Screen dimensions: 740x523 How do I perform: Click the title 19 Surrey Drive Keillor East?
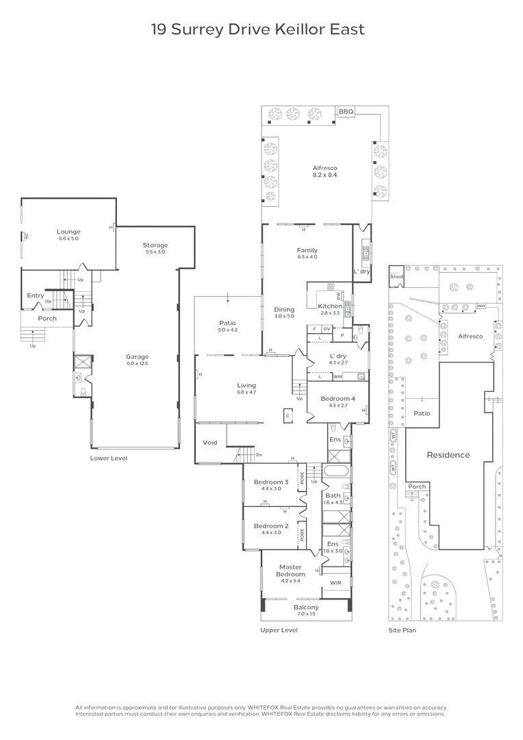pyautogui.click(x=257, y=29)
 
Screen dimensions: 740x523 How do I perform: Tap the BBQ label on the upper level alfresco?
pyautogui.click(x=345, y=112)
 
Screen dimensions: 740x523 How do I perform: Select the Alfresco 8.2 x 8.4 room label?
pyautogui.click(x=325, y=171)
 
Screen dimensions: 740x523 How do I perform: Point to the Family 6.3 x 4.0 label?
pyautogui.click(x=307, y=254)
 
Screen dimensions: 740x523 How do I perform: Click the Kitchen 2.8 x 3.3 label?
pyautogui.click(x=329, y=309)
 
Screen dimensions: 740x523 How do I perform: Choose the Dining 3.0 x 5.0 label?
pyautogui.click(x=284, y=312)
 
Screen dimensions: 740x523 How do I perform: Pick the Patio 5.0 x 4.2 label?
pyautogui.click(x=227, y=326)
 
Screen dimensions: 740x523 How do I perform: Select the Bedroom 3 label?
pyautogui.click(x=271, y=485)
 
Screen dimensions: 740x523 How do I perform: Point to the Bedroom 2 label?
pyautogui.click(x=271, y=529)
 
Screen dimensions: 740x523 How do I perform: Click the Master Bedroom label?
pyautogui.click(x=290, y=570)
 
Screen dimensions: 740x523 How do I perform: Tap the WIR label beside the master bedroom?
pyautogui.click(x=335, y=583)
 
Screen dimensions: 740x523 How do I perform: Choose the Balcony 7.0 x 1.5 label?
pyautogui.click(x=306, y=610)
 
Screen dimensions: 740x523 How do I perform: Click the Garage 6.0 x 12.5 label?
pyautogui.click(x=137, y=360)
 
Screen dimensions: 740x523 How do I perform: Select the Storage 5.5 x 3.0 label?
pyautogui.click(x=155, y=248)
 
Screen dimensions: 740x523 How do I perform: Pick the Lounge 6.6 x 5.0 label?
pyautogui.click(x=68, y=235)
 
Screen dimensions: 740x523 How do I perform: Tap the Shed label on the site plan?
pyautogui.click(x=396, y=277)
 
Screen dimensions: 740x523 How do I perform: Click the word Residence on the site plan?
pyautogui.click(x=448, y=454)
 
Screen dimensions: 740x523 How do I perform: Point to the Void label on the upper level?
pyautogui.click(x=210, y=443)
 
